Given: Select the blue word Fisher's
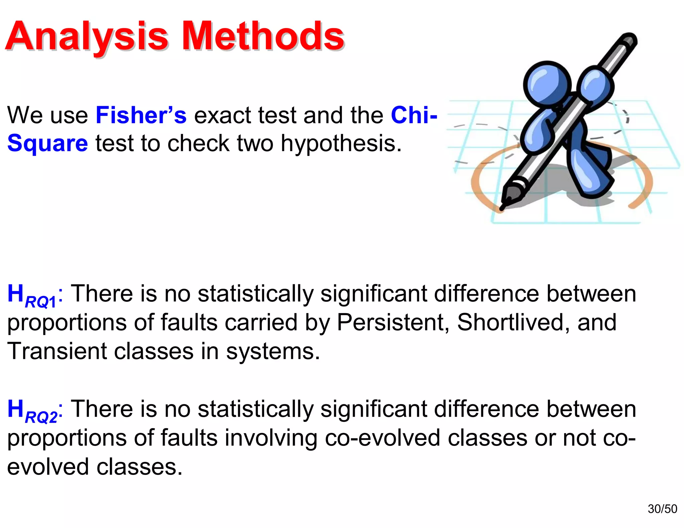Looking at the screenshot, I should point(141,115).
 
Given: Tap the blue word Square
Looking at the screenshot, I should point(47,144).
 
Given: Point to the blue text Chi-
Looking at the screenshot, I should point(414,115).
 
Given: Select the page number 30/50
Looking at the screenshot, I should point(662,509).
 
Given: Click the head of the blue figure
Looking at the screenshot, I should point(547,83).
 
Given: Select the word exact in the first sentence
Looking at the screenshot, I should point(222,115).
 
